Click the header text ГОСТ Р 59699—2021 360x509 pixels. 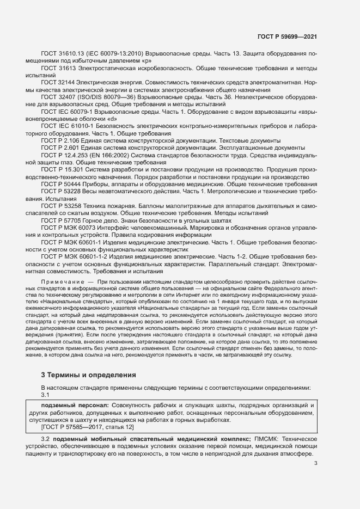pos(287,36)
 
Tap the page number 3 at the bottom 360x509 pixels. pos(315,464)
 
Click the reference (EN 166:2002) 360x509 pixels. pos(116,155)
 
